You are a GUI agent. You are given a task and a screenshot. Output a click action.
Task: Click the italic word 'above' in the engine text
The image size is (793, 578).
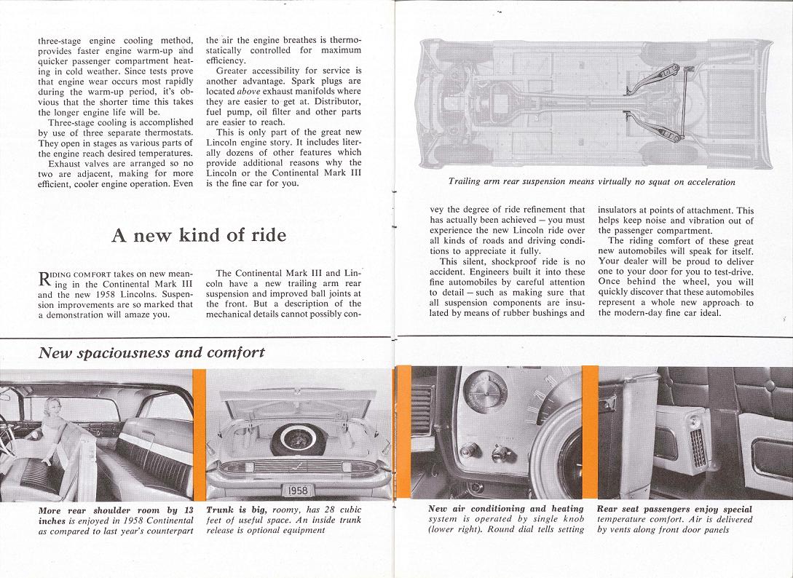(248, 91)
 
